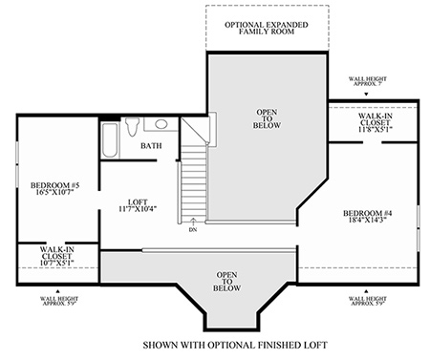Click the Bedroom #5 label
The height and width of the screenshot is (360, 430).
(x=54, y=188)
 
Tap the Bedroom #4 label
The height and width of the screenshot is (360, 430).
(x=368, y=217)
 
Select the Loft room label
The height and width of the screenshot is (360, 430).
(x=138, y=205)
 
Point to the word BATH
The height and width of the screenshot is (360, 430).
(x=151, y=146)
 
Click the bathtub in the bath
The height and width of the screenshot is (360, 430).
(x=110, y=140)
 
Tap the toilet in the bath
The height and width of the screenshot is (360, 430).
(x=132, y=127)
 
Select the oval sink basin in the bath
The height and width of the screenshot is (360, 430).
(x=161, y=124)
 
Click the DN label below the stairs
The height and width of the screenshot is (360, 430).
(x=193, y=230)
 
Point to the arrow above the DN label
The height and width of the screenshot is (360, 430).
(x=193, y=222)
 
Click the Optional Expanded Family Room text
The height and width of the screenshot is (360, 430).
(x=267, y=28)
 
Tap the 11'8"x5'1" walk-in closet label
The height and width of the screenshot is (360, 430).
(x=375, y=122)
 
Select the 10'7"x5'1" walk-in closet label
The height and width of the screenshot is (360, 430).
(x=56, y=256)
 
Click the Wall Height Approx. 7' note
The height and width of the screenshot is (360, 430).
(x=368, y=81)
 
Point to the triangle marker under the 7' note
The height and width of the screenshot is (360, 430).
(x=366, y=95)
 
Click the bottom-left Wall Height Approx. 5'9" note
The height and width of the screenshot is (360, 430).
(x=59, y=301)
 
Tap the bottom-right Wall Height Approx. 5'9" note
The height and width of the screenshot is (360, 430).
(x=368, y=301)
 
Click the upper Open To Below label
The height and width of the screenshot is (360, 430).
(x=267, y=118)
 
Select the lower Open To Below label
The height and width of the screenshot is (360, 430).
(x=226, y=282)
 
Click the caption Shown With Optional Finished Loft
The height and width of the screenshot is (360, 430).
(x=235, y=345)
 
